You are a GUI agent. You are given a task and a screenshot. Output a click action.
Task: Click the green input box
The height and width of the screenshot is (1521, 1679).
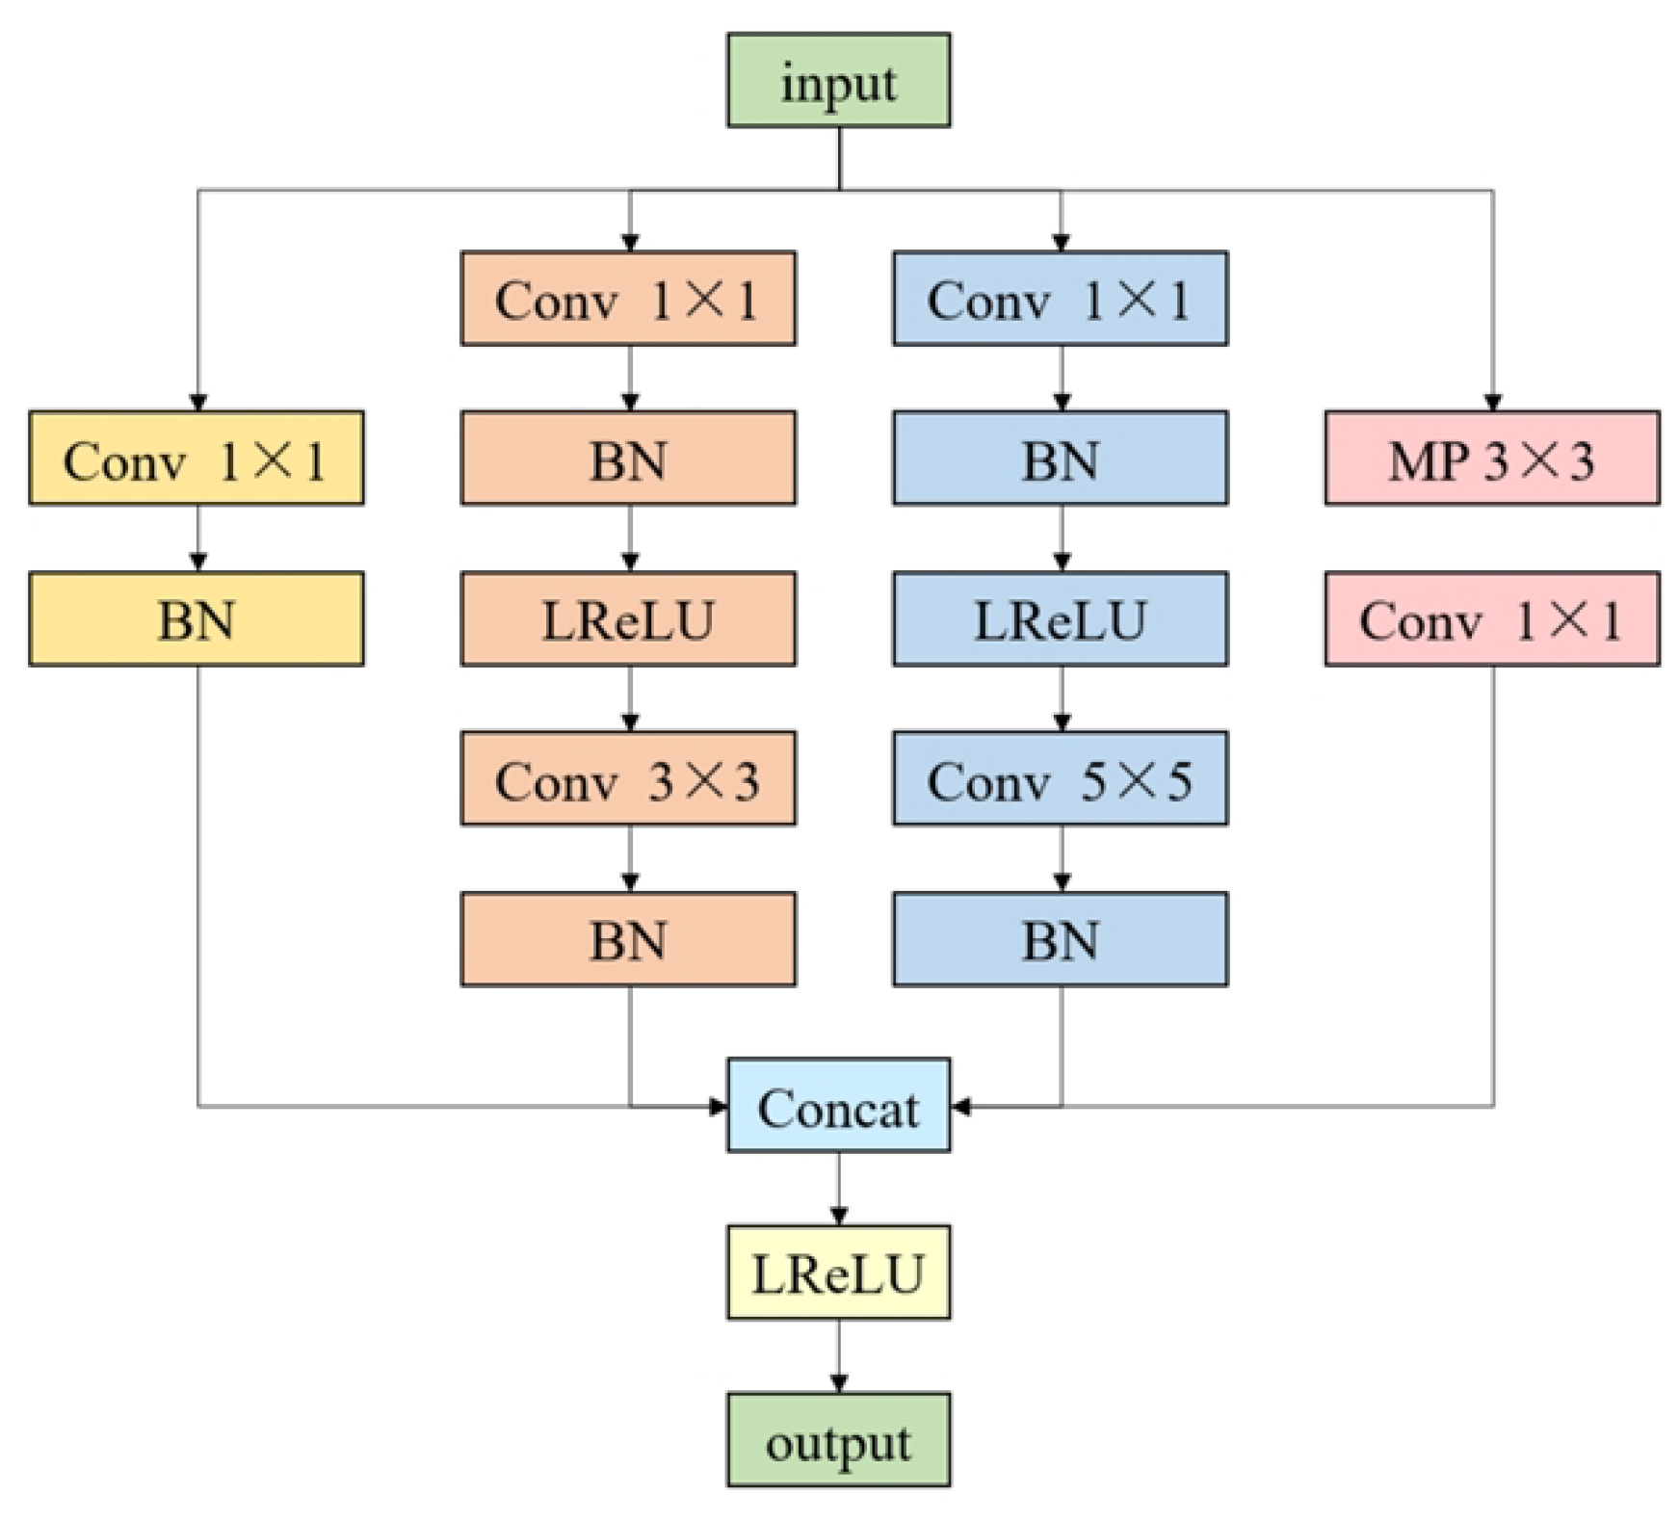(838, 81)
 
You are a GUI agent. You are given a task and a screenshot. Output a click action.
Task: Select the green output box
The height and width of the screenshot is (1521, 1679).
(838, 1439)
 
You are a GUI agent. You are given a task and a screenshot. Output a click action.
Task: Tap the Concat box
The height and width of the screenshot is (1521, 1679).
(838, 1105)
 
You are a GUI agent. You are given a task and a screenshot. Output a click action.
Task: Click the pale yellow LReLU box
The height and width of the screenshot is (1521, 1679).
(838, 1272)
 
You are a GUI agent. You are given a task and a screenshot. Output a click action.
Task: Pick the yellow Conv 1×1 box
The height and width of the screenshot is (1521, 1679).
(197, 459)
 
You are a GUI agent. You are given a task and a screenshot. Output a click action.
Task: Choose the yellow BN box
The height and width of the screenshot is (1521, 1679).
(197, 618)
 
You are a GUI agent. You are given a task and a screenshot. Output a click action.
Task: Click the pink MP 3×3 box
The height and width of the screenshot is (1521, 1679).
(1491, 459)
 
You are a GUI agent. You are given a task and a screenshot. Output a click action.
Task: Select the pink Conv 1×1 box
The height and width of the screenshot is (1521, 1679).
(1491, 618)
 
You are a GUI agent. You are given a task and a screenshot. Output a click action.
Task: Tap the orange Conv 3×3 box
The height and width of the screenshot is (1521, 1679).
(628, 778)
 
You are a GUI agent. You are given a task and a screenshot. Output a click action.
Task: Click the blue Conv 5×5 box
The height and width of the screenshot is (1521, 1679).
(1060, 778)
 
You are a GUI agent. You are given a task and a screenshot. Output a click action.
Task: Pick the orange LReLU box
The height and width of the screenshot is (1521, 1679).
(628, 618)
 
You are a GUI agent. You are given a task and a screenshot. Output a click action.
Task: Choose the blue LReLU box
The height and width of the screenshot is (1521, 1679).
(1060, 618)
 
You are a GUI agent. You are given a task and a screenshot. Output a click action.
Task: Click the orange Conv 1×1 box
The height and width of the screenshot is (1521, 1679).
(628, 299)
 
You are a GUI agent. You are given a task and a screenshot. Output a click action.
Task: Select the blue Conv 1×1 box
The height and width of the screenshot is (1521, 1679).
(1060, 299)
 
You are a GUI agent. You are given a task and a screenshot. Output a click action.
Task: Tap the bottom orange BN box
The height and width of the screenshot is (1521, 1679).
(628, 939)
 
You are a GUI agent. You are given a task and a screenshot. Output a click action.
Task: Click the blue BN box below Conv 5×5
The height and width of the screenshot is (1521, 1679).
(1060, 939)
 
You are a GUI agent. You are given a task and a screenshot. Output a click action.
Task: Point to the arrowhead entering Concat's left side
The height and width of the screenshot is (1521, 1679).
(718, 1106)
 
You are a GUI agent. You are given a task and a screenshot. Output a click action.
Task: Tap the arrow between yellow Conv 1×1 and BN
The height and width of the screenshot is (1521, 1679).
(197, 538)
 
